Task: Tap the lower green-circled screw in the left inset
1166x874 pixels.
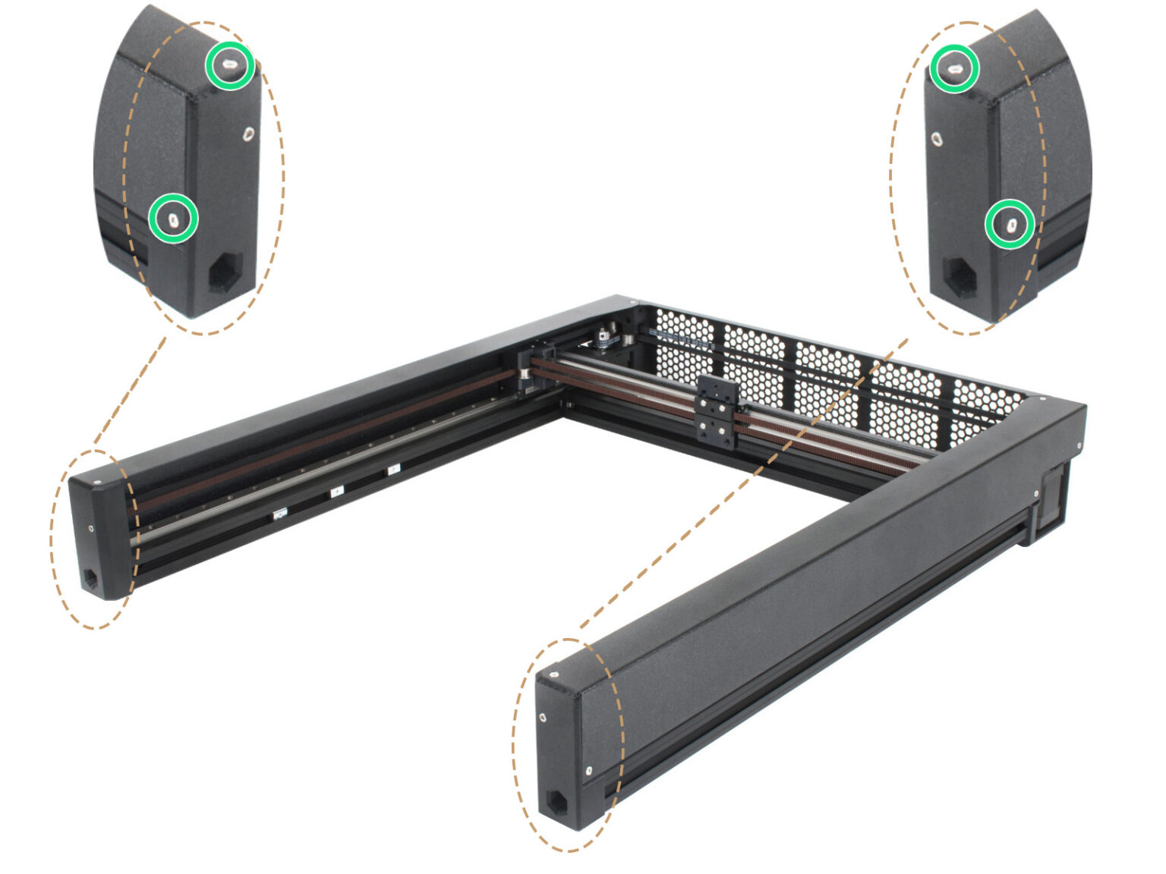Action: click(x=173, y=218)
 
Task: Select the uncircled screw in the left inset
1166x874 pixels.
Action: click(x=248, y=134)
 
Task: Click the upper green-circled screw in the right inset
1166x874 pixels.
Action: click(x=953, y=69)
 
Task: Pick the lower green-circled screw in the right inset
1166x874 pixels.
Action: click(x=1010, y=224)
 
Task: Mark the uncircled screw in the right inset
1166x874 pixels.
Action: click(x=938, y=139)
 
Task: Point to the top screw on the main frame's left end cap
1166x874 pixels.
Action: click(x=99, y=481)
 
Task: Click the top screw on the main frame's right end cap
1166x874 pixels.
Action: click(x=556, y=672)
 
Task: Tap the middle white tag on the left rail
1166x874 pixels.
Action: click(x=336, y=492)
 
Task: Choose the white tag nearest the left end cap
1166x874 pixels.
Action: click(x=279, y=515)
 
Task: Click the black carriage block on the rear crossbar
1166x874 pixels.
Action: click(x=717, y=410)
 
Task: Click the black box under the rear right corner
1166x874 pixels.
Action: click(x=1053, y=498)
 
